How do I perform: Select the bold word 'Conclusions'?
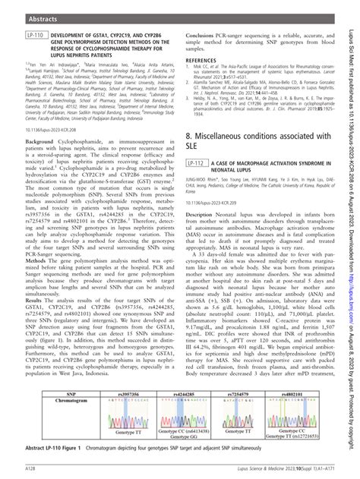[x=203, y=35]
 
